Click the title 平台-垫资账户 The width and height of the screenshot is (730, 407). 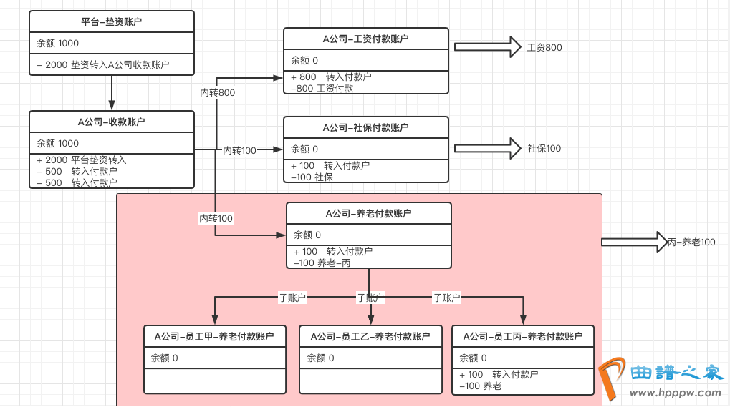[112, 22]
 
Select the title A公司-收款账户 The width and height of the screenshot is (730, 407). [112, 122]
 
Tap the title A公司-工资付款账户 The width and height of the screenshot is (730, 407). [365, 39]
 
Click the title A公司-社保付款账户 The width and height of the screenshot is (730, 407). [365, 127]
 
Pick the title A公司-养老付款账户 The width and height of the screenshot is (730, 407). [368, 213]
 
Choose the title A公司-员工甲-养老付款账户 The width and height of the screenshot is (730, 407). [215, 336]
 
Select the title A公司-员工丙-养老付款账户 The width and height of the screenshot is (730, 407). [523, 336]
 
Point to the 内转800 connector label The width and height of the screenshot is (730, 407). [217, 92]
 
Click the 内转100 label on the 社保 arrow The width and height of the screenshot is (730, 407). [239, 150]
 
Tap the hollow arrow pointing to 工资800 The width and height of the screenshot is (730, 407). [487, 47]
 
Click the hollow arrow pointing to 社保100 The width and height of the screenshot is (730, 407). [487, 148]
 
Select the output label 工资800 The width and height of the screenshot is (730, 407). [544, 48]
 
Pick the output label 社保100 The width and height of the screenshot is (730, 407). [544, 149]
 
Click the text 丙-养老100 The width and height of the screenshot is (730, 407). [691, 242]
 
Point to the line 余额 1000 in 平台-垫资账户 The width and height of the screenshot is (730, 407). [58, 44]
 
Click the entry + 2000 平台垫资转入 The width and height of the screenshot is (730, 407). [82, 160]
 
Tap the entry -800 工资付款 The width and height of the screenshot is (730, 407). [322, 88]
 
